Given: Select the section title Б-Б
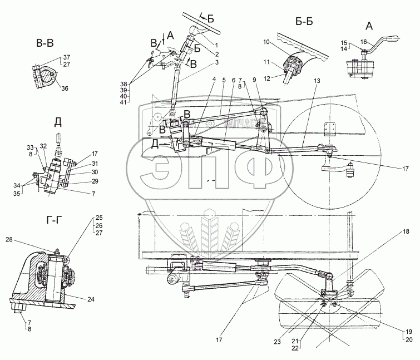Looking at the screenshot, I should (308, 23).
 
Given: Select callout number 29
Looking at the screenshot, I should (96, 182).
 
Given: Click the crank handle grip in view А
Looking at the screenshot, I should (393, 38).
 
